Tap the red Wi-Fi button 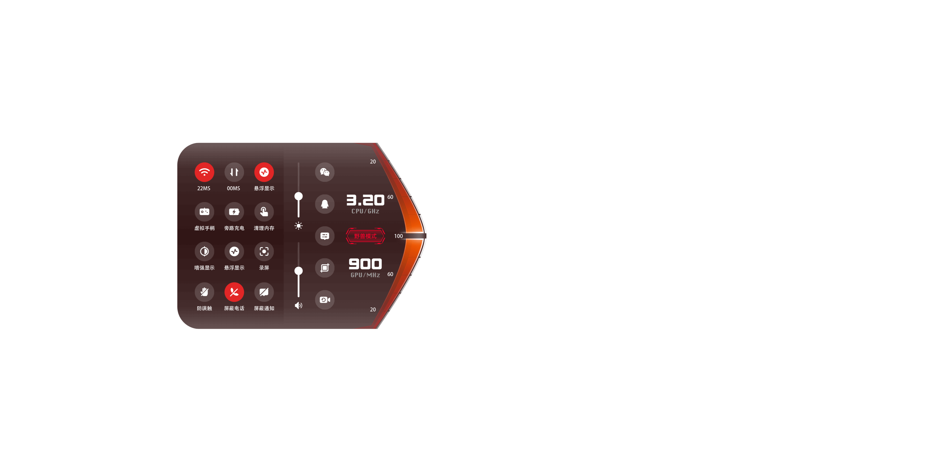[204, 172]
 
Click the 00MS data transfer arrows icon [234, 172]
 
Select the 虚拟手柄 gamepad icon [204, 211]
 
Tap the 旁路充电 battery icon [234, 211]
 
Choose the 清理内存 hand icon [264, 211]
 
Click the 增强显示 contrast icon [204, 251]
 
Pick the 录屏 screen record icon [264, 251]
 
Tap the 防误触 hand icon [204, 292]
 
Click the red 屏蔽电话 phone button [234, 292]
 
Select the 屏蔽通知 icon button [264, 292]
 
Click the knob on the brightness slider [298, 196]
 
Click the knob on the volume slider [298, 271]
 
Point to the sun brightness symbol [298, 226]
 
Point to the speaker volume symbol [298, 305]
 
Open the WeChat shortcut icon [324, 172]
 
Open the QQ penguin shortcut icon [324, 204]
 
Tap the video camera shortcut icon [324, 300]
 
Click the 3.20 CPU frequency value [365, 200]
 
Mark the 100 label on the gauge [398, 236]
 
